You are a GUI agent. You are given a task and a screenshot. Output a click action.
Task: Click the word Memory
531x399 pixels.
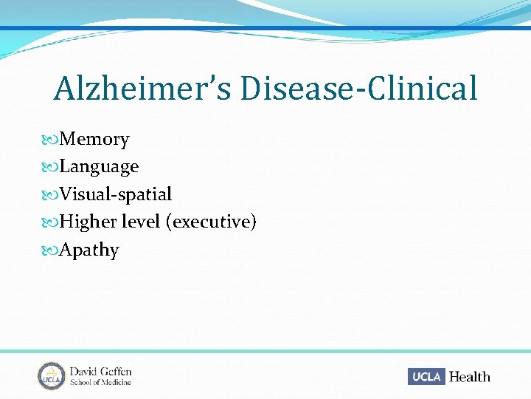pyautogui.click(x=94, y=139)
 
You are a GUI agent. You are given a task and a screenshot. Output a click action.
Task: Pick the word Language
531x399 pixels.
pyautogui.click(x=99, y=167)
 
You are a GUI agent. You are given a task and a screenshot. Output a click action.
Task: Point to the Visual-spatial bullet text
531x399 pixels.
pyautogui.click(x=116, y=194)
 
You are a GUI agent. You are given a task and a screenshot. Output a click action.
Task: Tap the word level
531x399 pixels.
pyautogui.click(x=141, y=222)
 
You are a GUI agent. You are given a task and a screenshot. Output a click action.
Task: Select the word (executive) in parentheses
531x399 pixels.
pyautogui.click(x=212, y=222)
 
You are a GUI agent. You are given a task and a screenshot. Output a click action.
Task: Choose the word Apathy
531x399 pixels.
pyautogui.click(x=89, y=250)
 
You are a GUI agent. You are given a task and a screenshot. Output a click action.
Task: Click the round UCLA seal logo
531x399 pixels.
pyautogui.click(x=52, y=376)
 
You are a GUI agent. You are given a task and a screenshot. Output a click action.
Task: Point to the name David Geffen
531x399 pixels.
pyautogui.click(x=100, y=371)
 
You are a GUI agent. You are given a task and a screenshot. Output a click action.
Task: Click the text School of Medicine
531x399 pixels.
pyautogui.click(x=100, y=382)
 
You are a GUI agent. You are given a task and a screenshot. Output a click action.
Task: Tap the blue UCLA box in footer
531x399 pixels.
pyautogui.click(x=427, y=376)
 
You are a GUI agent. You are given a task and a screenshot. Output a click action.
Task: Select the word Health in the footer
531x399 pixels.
pyautogui.click(x=470, y=377)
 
